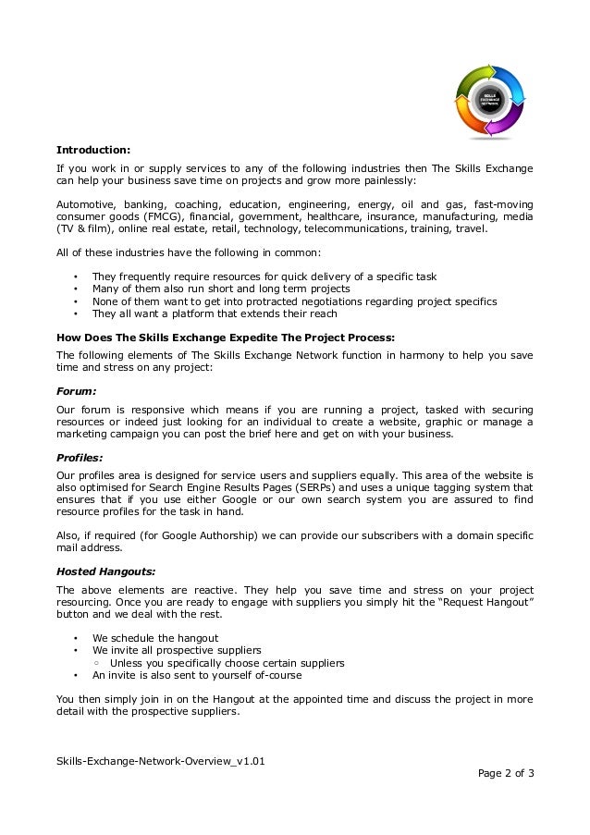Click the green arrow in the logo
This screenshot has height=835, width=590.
(473, 74)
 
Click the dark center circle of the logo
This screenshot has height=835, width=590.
(490, 99)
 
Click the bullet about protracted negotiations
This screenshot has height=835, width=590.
(294, 301)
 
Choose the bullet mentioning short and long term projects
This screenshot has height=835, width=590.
(220, 289)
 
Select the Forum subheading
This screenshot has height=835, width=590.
(77, 391)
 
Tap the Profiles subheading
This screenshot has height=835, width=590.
(80, 456)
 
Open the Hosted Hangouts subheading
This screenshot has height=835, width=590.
(105, 571)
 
